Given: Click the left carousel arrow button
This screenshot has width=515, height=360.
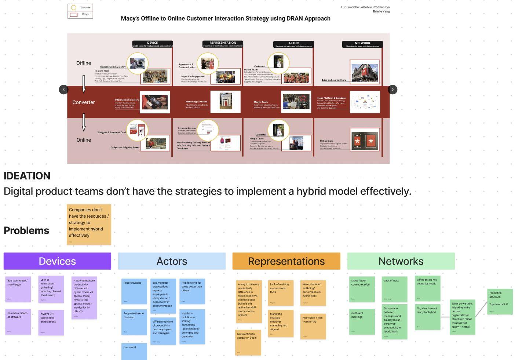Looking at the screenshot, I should pyautogui.click(x=63, y=90).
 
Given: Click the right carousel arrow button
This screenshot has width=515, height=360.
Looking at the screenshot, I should pyautogui.click(x=392, y=90).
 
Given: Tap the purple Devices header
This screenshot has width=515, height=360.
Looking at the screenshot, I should pyautogui.click(x=57, y=261).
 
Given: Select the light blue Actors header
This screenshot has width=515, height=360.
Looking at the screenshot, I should pyautogui.click(x=172, y=261).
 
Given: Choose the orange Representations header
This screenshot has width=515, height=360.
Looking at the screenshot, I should pyautogui.click(x=286, y=261).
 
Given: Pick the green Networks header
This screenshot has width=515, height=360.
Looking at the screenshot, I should pyautogui.click(x=401, y=261).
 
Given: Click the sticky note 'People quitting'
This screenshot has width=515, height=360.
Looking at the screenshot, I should pyautogui.click(x=134, y=291).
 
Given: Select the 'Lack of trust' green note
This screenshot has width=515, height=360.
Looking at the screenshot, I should pyautogui.click(x=394, y=289).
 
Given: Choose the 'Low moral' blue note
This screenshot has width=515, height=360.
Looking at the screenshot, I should pyautogui.click(x=134, y=351).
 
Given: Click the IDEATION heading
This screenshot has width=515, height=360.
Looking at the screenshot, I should pyautogui.click(x=27, y=176).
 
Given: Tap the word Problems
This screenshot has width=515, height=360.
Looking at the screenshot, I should pyautogui.click(x=26, y=230).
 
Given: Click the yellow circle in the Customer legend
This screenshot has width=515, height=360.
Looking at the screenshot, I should pyautogui.click(x=74, y=7).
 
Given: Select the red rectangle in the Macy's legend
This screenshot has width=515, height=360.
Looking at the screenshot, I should pyautogui.click(x=74, y=15).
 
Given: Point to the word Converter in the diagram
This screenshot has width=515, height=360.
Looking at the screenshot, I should pyautogui.click(x=84, y=102).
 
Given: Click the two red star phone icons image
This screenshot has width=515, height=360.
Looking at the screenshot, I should pyautogui.click(x=364, y=140).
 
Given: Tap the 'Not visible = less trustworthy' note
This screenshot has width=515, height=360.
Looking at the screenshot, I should pyautogui.click(x=313, y=326).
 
